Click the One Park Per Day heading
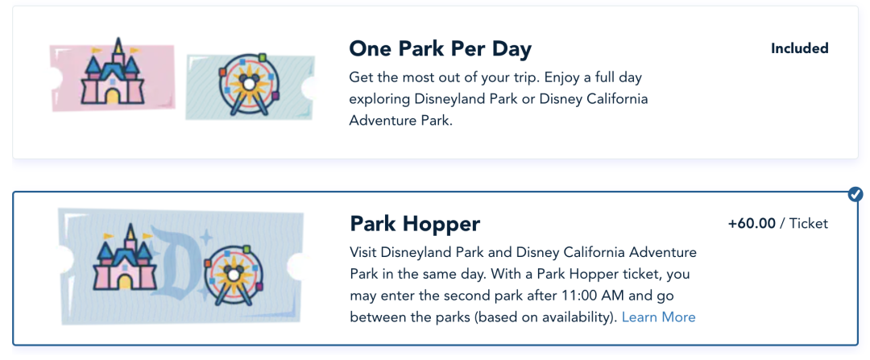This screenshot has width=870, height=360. [440, 49]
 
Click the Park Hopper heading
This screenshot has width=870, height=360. [415, 224]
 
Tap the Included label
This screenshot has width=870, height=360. [800, 48]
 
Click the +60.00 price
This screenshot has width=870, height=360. [752, 224]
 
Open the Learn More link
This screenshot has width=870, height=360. [658, 317]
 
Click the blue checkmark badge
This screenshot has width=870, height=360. [855, 194]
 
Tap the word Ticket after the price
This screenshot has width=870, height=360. [809, 224]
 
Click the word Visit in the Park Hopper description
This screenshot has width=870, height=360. [363, 253]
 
